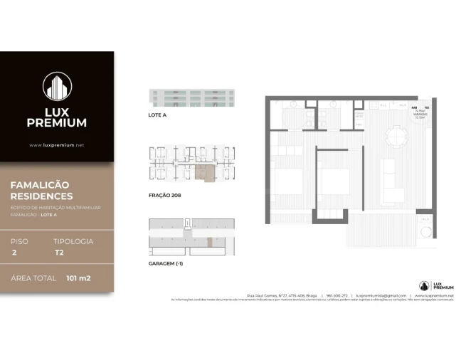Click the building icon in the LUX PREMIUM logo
point(57,87)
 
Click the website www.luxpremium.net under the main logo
point(57,145)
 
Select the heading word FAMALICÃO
point(40,184)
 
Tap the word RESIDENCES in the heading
point(41,196)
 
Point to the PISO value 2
point(14,253)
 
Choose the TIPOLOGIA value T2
point(59,253)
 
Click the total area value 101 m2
point(78,277)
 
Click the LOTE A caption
point(157,115)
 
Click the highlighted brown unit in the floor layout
point(204,171)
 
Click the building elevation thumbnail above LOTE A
point(191,97)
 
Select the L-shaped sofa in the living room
point(392,182)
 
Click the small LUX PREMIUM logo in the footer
point(435,285)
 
